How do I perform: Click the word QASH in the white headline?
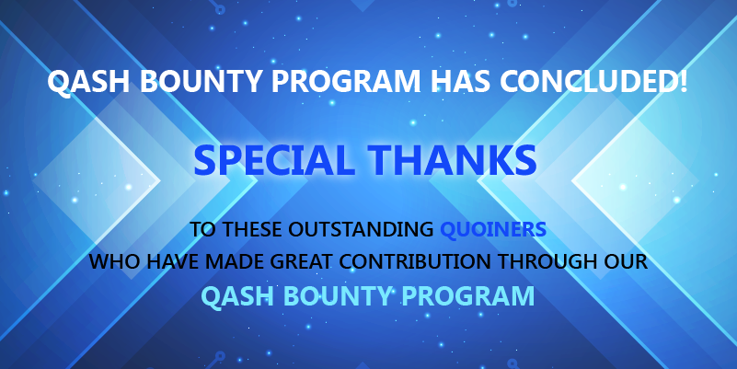88,81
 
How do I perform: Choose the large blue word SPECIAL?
274,160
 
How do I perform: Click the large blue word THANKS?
452,160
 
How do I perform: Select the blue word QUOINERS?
493,229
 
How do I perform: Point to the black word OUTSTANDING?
361,229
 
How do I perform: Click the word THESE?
252,229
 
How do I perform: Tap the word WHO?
114,261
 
